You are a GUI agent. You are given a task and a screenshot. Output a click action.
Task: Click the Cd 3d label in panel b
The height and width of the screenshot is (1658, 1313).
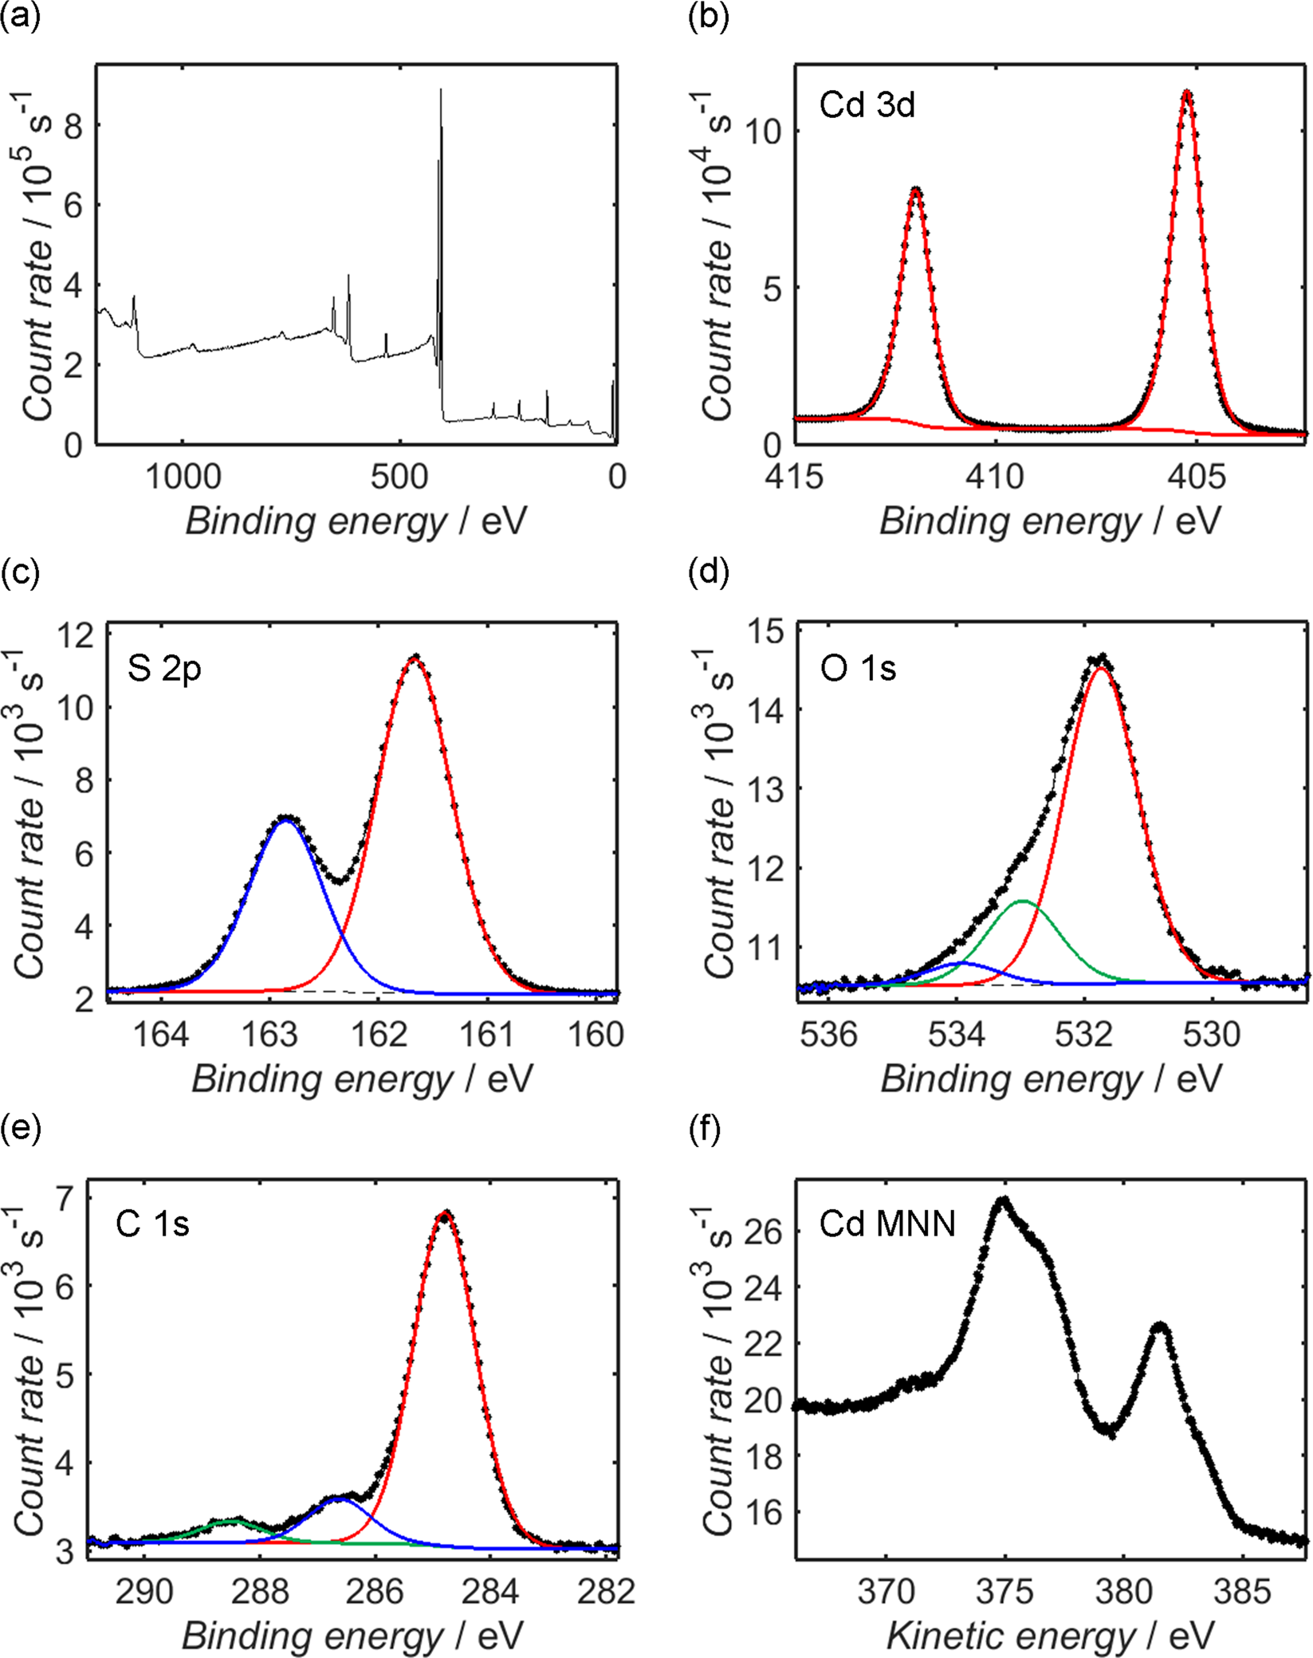pos(867,104)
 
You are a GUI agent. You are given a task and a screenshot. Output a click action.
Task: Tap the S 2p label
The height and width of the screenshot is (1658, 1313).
pos(163,668)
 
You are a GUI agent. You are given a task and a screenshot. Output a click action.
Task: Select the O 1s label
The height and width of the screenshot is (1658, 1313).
pos(858,668)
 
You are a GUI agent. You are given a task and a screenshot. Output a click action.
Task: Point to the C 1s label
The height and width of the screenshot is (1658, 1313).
pos(152,1223)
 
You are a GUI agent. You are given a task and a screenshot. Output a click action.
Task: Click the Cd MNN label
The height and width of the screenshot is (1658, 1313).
pos(886,1223)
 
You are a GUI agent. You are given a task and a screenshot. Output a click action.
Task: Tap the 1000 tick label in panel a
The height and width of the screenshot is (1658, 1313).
pos(183,477)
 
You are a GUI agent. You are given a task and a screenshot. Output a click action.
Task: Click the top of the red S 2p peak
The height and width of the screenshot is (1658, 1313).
pos(415,658)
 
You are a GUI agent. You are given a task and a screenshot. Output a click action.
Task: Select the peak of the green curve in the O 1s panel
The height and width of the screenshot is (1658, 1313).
pos(1023,902)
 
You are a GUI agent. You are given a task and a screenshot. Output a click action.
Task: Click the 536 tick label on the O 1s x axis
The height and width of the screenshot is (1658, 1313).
pos(829,1035)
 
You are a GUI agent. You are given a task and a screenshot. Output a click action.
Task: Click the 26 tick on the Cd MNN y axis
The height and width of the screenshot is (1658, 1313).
pos(766,1232)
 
